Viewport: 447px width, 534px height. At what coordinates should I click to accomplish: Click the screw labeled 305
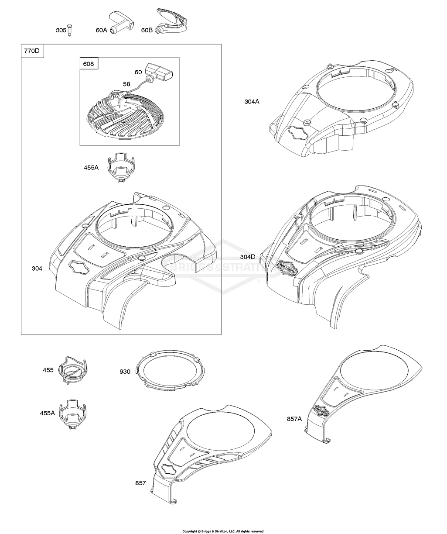tap(69, 30)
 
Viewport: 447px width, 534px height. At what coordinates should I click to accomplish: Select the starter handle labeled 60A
tap(122, 23)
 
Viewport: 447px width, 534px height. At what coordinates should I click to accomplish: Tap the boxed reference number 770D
tap(32, 51)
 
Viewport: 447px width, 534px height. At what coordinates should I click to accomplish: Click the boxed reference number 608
tap(89, 64)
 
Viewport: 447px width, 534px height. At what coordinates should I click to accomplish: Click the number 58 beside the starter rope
tap(126, 84)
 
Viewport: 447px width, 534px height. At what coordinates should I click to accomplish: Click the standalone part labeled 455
tap(73, 370)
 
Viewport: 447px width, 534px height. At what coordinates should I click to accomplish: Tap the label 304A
tap(252, 102)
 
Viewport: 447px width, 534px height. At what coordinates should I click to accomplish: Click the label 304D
tap(248, 256)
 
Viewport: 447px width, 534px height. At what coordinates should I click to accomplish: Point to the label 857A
tap(294, 419)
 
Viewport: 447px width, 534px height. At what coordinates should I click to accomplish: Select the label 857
tap(140, 483)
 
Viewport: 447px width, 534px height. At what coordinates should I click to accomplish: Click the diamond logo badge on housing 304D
tap(288, 267)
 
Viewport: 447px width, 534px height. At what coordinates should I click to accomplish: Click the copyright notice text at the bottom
tap(223, 529)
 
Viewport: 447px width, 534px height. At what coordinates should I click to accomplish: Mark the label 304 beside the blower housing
tap(37, 268)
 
